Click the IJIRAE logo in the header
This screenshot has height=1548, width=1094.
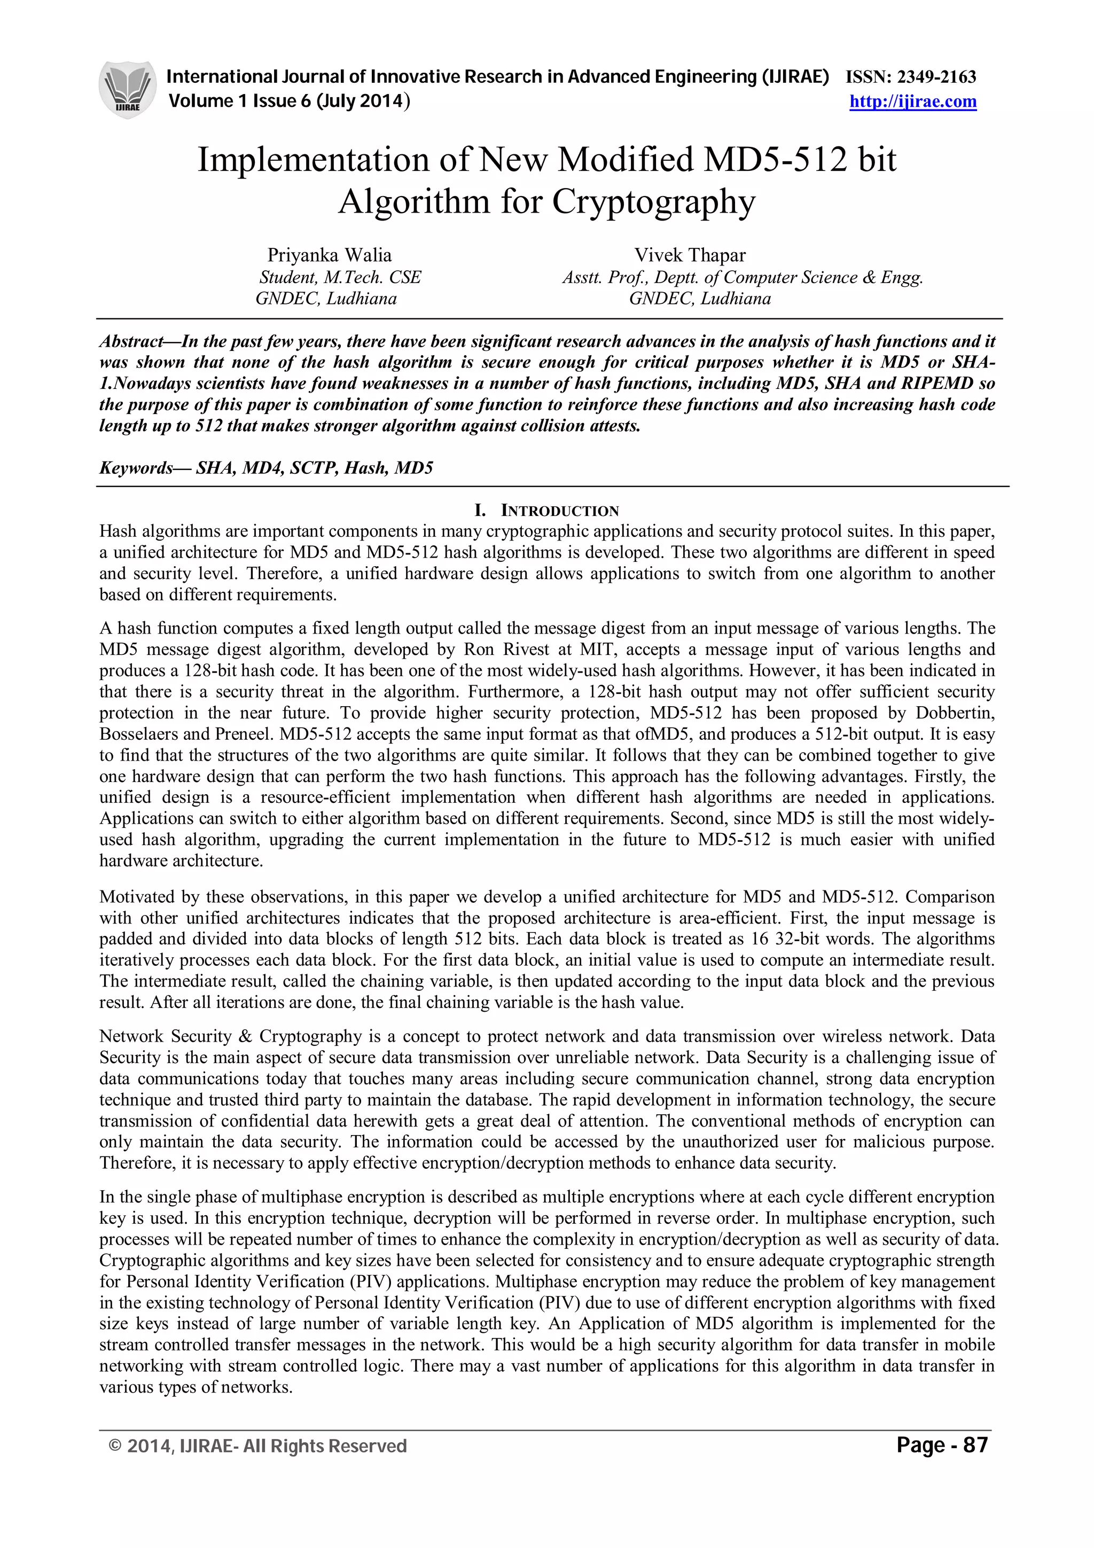127,90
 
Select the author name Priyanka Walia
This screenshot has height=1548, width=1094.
329,255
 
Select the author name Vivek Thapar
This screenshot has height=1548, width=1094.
690,255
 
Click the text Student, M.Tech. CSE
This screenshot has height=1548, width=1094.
340,277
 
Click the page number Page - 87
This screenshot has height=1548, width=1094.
942,1445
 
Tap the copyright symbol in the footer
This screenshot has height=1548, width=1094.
115,1445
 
